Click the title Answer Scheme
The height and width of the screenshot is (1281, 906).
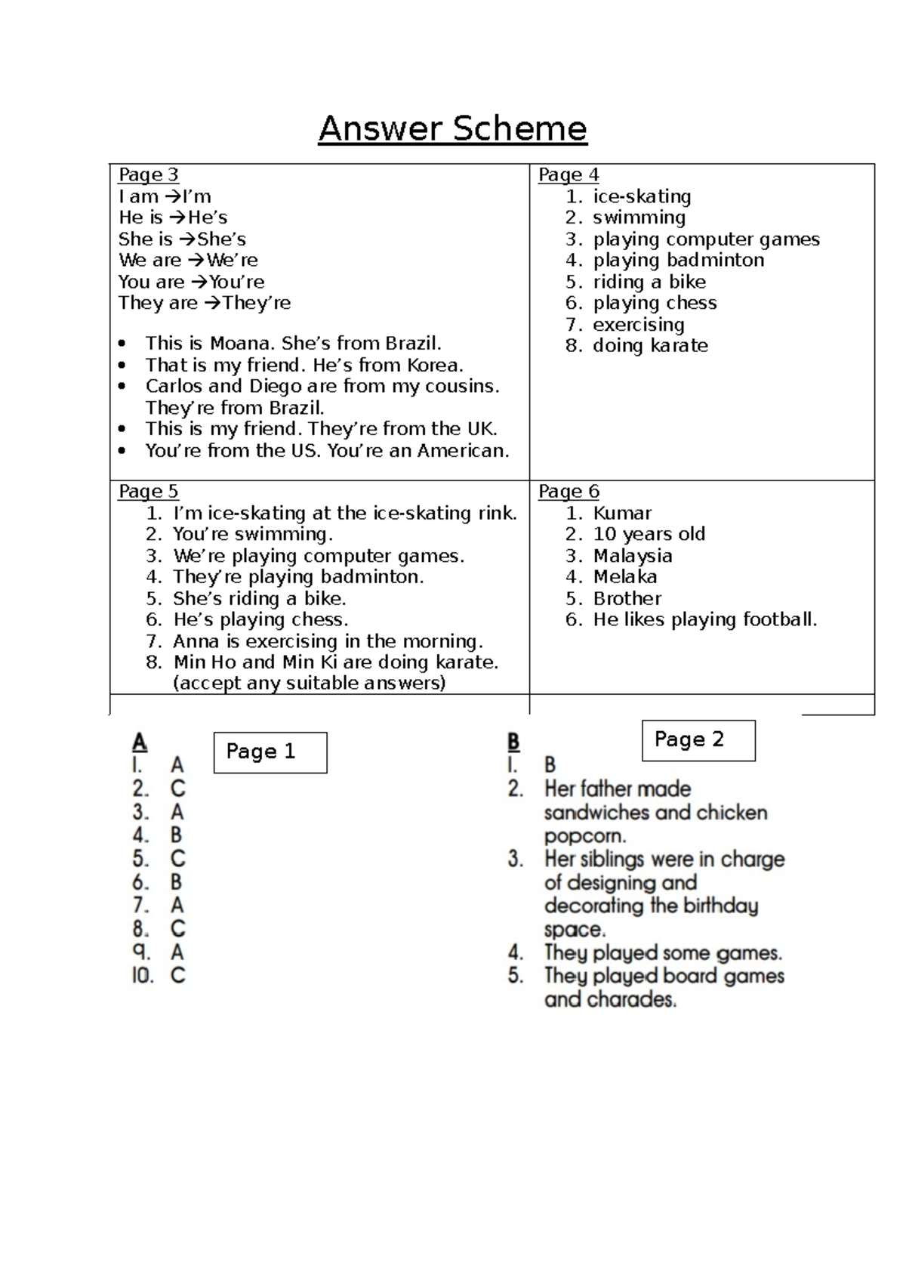[x=452, y=128]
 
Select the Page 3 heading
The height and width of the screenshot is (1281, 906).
[x=148, y=174]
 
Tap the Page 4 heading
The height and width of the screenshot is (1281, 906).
[x=569, y=174]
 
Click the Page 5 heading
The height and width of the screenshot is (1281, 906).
[x=148, y=491]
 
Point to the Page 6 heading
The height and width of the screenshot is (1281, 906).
[x=569, y=491]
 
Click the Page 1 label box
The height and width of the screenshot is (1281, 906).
[x=270, y=752]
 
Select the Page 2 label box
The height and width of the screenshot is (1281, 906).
[x=698, y=739]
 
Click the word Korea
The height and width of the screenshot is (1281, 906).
[x=435, y=365]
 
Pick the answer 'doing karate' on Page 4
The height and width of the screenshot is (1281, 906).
[x=650, y=345]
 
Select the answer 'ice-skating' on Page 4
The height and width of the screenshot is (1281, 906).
[x=642, y=196]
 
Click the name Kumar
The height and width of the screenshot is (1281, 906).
[x=622, y=513]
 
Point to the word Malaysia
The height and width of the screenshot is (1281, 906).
[x=632, y=556]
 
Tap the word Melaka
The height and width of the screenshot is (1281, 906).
[x=624, y=576]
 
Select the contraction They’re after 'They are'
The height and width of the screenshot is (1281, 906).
[x=257, y=303]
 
